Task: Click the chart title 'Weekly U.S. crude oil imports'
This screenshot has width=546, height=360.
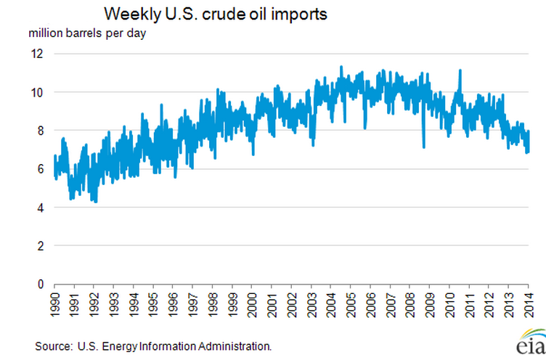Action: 206,15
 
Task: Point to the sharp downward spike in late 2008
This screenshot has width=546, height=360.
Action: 423,146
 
